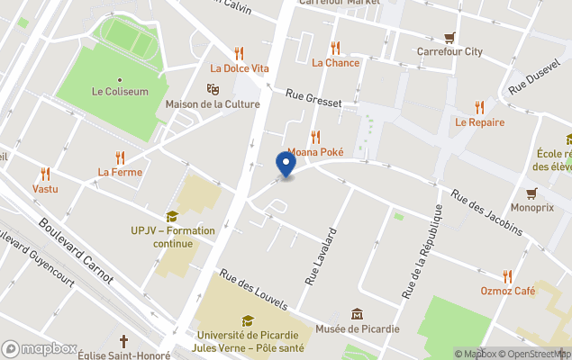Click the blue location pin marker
pos(285,165)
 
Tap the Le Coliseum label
pos(120,91)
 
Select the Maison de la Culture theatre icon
pos(213,88)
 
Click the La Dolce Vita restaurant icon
pos(240,52)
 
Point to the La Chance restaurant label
pos(335,63)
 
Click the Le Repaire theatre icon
pos(479,106)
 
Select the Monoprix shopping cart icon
pos(531,193)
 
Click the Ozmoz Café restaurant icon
pos(508,276)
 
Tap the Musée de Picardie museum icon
pos(358,313)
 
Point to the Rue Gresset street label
pos(314,98)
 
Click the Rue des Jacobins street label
pos(486,212)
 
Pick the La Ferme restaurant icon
pos(120,157)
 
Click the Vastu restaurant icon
pos(45,174)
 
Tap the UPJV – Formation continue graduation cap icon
pos(171,216)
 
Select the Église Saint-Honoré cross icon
pos(123,341)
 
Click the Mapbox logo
pos(40,348)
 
